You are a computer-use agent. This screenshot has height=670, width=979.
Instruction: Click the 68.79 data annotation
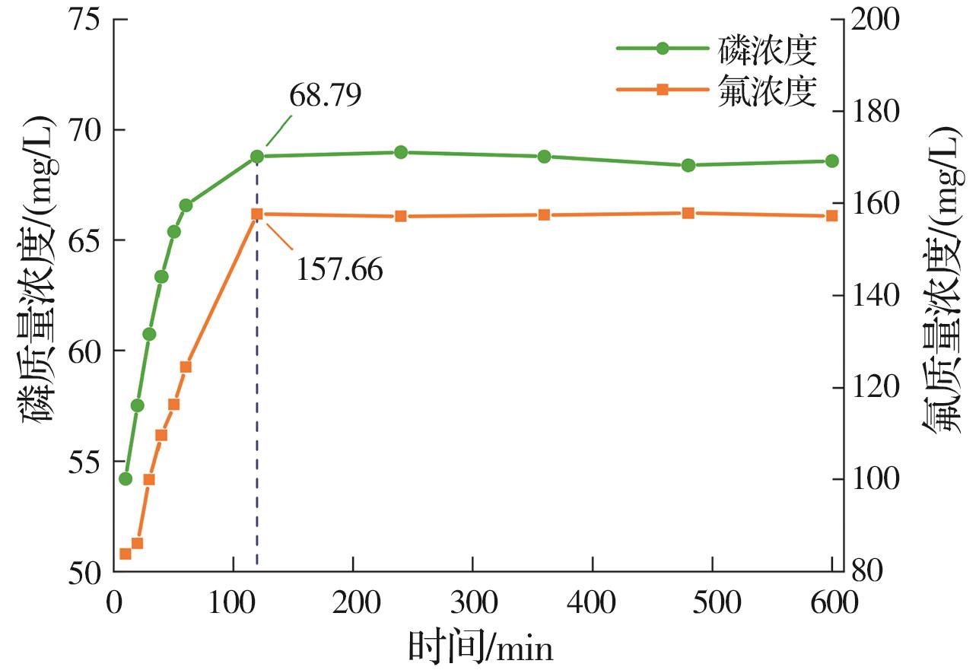[325, 97]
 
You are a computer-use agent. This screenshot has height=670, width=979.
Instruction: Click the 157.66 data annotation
[339, 269]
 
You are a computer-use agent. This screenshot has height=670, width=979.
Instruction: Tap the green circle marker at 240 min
[401, 152]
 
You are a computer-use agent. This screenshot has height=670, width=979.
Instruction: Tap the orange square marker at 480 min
[688, 213]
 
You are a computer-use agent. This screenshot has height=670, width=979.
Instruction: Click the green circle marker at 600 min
[831, 161]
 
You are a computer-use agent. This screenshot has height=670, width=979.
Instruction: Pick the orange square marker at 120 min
[257, 214]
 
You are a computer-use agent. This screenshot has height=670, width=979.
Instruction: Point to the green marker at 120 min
[257, 157]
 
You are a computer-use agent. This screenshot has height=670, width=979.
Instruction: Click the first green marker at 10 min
[126, 479]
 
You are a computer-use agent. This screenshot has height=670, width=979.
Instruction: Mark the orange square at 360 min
[544, 215]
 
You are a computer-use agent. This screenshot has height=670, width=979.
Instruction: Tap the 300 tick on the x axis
[472, 605]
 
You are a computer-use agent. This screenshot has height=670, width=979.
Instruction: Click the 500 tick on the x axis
[712, 605]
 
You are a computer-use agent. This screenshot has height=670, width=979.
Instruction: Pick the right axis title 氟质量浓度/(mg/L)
[946, 297]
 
